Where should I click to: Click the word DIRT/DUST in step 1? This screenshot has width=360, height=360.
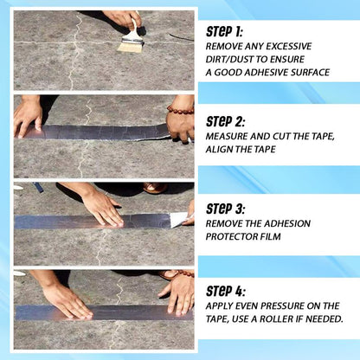click(x=228, y=60)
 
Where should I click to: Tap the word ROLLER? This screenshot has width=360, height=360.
click(x=287, y=319)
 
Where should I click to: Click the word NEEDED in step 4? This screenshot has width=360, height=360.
click(x=324, y=319)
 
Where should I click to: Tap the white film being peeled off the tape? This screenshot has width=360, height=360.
click(x=179, y=220)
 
